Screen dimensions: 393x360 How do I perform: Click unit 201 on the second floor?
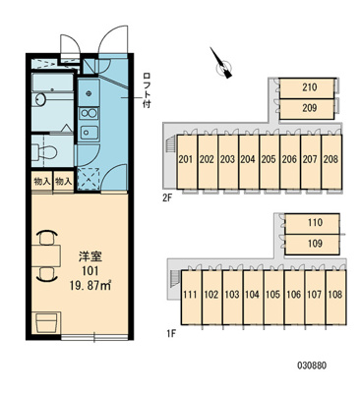pos(185,159)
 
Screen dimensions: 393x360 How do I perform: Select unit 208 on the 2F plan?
pos(330,159)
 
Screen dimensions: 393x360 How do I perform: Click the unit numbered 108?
pos(335,294)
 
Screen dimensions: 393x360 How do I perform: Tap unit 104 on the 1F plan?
pos(252,294)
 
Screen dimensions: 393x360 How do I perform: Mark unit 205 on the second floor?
pos(269,159)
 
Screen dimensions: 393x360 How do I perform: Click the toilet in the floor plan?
pos(44,151)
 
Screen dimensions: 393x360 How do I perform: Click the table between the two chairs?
pos(45,265)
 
